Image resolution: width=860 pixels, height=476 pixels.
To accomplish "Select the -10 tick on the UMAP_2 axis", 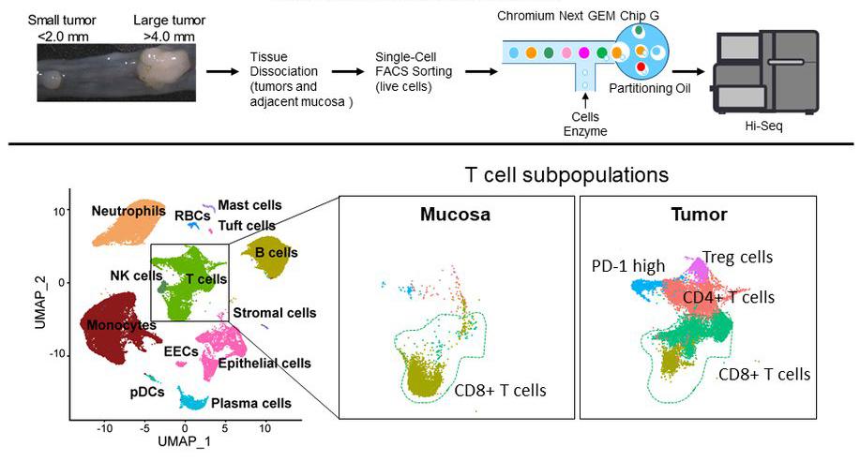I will pyautogui.click(x=58, y=354).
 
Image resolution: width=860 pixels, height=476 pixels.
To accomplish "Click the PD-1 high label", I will pyautogui.click(x=628, y=265).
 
